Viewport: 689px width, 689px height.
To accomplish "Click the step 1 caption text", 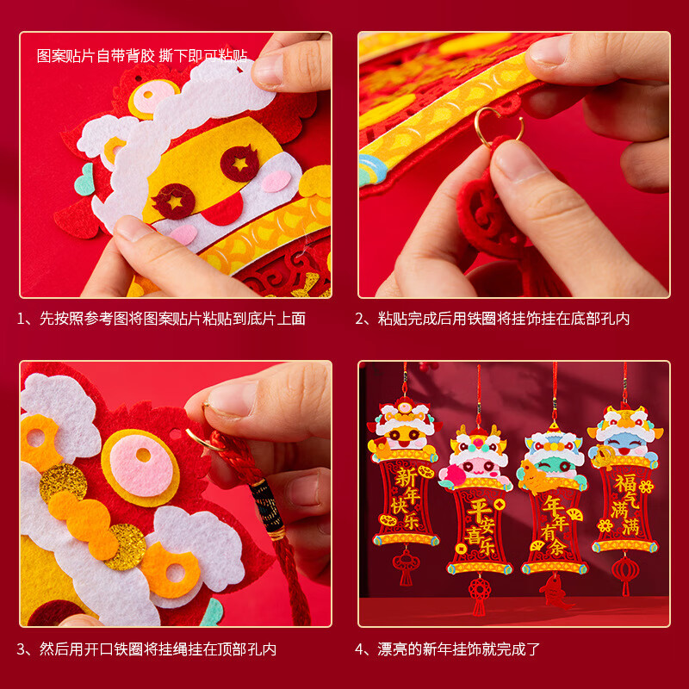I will point(161,319).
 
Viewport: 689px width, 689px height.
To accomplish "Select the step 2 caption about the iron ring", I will point(493,319).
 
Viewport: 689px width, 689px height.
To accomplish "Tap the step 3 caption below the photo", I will point(146,649).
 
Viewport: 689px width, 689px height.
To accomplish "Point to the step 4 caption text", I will point(448,649).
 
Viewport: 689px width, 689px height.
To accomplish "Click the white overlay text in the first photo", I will point(142,56).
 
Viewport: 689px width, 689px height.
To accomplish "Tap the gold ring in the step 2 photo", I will point(500,127).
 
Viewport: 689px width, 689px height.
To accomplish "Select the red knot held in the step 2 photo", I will point(487,215).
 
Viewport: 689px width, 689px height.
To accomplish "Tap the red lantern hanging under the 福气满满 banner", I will point(626,571).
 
